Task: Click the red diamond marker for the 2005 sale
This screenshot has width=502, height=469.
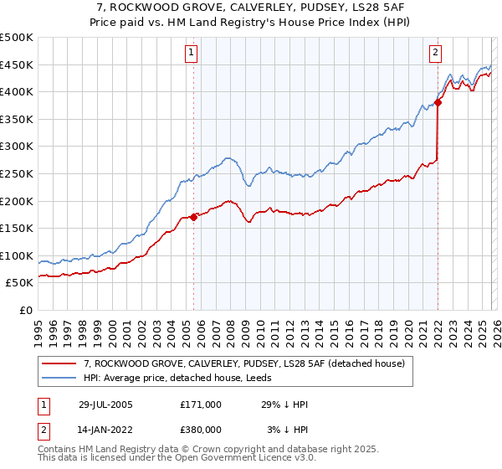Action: [193, 217]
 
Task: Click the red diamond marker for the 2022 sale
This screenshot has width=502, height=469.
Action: [438, 103]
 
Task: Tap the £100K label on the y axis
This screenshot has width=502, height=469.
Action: [17, 255]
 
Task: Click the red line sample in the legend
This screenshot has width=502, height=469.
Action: [59, 363]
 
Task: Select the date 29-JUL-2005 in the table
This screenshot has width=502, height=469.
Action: [105, 404]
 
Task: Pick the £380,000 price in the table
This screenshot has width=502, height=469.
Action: [200, 429]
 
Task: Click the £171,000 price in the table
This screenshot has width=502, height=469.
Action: [200, 404]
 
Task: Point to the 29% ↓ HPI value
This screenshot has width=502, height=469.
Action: [284, 404]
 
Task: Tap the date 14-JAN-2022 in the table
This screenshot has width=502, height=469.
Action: [105, 429]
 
